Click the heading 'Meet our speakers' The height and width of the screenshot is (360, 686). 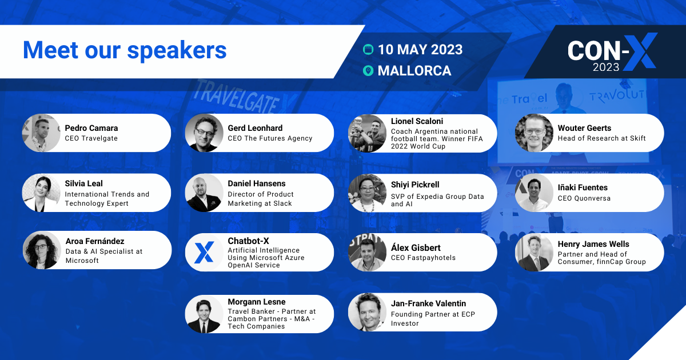click(125, 50)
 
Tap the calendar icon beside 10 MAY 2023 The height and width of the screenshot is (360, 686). click(368, 50)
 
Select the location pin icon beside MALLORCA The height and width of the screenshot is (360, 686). click(368, 71)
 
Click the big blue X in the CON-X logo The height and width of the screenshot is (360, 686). click(640, 51)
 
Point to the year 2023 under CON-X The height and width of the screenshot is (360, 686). click(606, 67)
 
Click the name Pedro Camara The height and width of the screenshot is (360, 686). click(91, 128)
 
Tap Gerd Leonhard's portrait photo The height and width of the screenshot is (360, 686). click(204, 133)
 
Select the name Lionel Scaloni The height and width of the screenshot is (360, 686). click(417, 121)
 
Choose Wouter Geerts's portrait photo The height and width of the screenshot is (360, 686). click(534, 133)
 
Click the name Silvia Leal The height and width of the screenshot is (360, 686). click(83, 183)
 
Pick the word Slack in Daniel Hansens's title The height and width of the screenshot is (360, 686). click(282, 203)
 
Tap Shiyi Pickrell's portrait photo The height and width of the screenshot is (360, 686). click(367, 193)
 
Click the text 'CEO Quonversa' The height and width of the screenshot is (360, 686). click(584, 198)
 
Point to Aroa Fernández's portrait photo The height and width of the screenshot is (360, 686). click(42, 250)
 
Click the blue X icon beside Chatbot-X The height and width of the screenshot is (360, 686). click(204, 252)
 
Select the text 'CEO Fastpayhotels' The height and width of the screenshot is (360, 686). click(423, 258)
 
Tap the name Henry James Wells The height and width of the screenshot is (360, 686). click(593, 244)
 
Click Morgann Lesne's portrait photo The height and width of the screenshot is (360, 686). click(204, 314)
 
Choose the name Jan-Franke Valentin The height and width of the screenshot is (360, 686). click(428, 303)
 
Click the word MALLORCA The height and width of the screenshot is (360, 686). click(414, 71)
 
